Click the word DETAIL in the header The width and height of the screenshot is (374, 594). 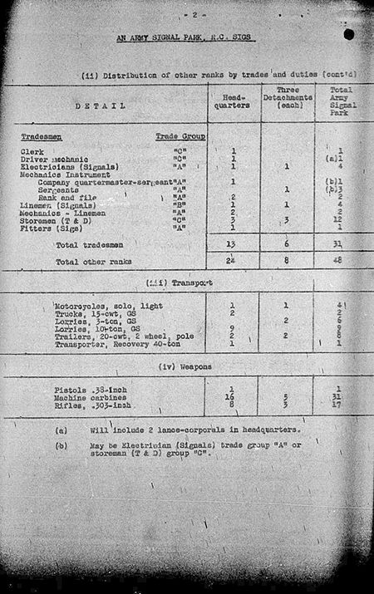[100, 106]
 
